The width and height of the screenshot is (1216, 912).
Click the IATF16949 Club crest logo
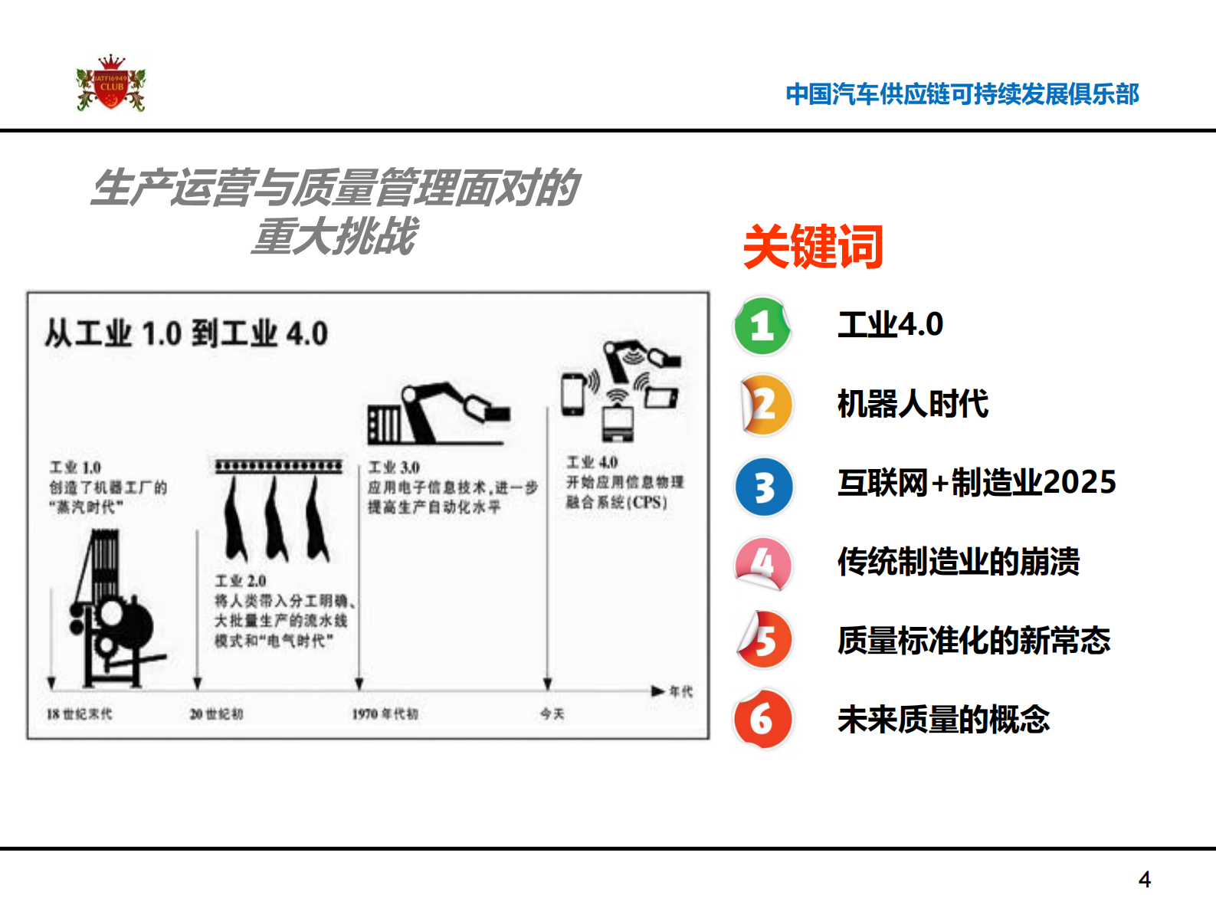coord(111,84)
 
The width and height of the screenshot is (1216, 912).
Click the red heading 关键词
coord(813,247)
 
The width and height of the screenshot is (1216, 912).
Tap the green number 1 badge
coord(762,326)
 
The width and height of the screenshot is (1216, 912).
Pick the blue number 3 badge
coord(764,487)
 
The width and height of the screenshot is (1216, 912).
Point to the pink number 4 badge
coord(762,564)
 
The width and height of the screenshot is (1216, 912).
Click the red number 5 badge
coord(764,640)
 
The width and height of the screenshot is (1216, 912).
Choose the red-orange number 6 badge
coord(762,720)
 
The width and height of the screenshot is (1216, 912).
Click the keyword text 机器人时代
coord(913,404)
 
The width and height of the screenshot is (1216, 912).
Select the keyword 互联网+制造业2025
coord(977,483)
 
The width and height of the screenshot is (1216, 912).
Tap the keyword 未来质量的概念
coord(943,720)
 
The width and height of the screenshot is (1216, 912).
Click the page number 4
coord(1145,879)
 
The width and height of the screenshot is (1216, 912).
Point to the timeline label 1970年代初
coord(385,714)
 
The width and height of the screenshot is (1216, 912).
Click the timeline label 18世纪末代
coord(79,714)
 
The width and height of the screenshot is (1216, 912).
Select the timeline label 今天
coord(552,714)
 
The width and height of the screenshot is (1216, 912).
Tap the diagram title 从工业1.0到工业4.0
coord(186,334)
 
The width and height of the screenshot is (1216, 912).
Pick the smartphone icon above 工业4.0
coord(573,393)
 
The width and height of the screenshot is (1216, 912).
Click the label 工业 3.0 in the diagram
coord(394,467)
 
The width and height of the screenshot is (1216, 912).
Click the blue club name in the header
coord(962,94)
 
